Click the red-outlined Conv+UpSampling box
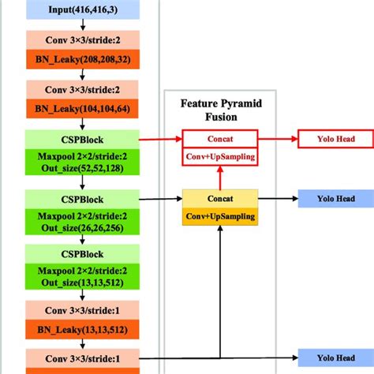219,156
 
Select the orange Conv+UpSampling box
219,216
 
